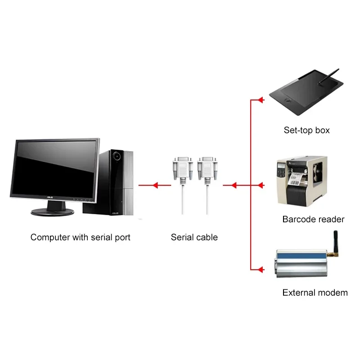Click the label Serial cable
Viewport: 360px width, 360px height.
point(194,237)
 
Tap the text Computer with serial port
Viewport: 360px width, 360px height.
point(80,237)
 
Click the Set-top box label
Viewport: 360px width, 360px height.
point(306,130)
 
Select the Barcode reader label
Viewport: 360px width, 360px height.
point(313,220)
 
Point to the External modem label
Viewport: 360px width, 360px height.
point(315,293)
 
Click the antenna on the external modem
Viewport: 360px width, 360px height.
point(335,243)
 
